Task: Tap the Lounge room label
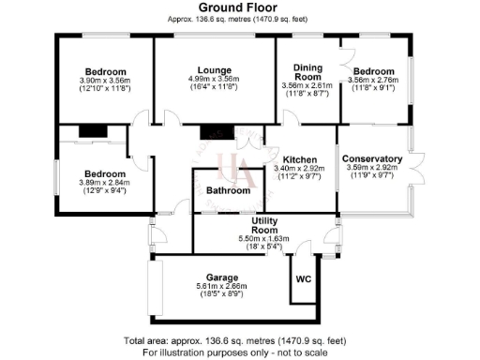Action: click(214, 69)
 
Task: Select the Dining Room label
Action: click(307, 71)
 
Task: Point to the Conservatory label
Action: click(371, 159)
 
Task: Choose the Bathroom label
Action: click(228, 191)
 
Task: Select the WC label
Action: click(303, 279)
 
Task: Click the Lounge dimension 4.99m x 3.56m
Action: click(214, 79)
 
